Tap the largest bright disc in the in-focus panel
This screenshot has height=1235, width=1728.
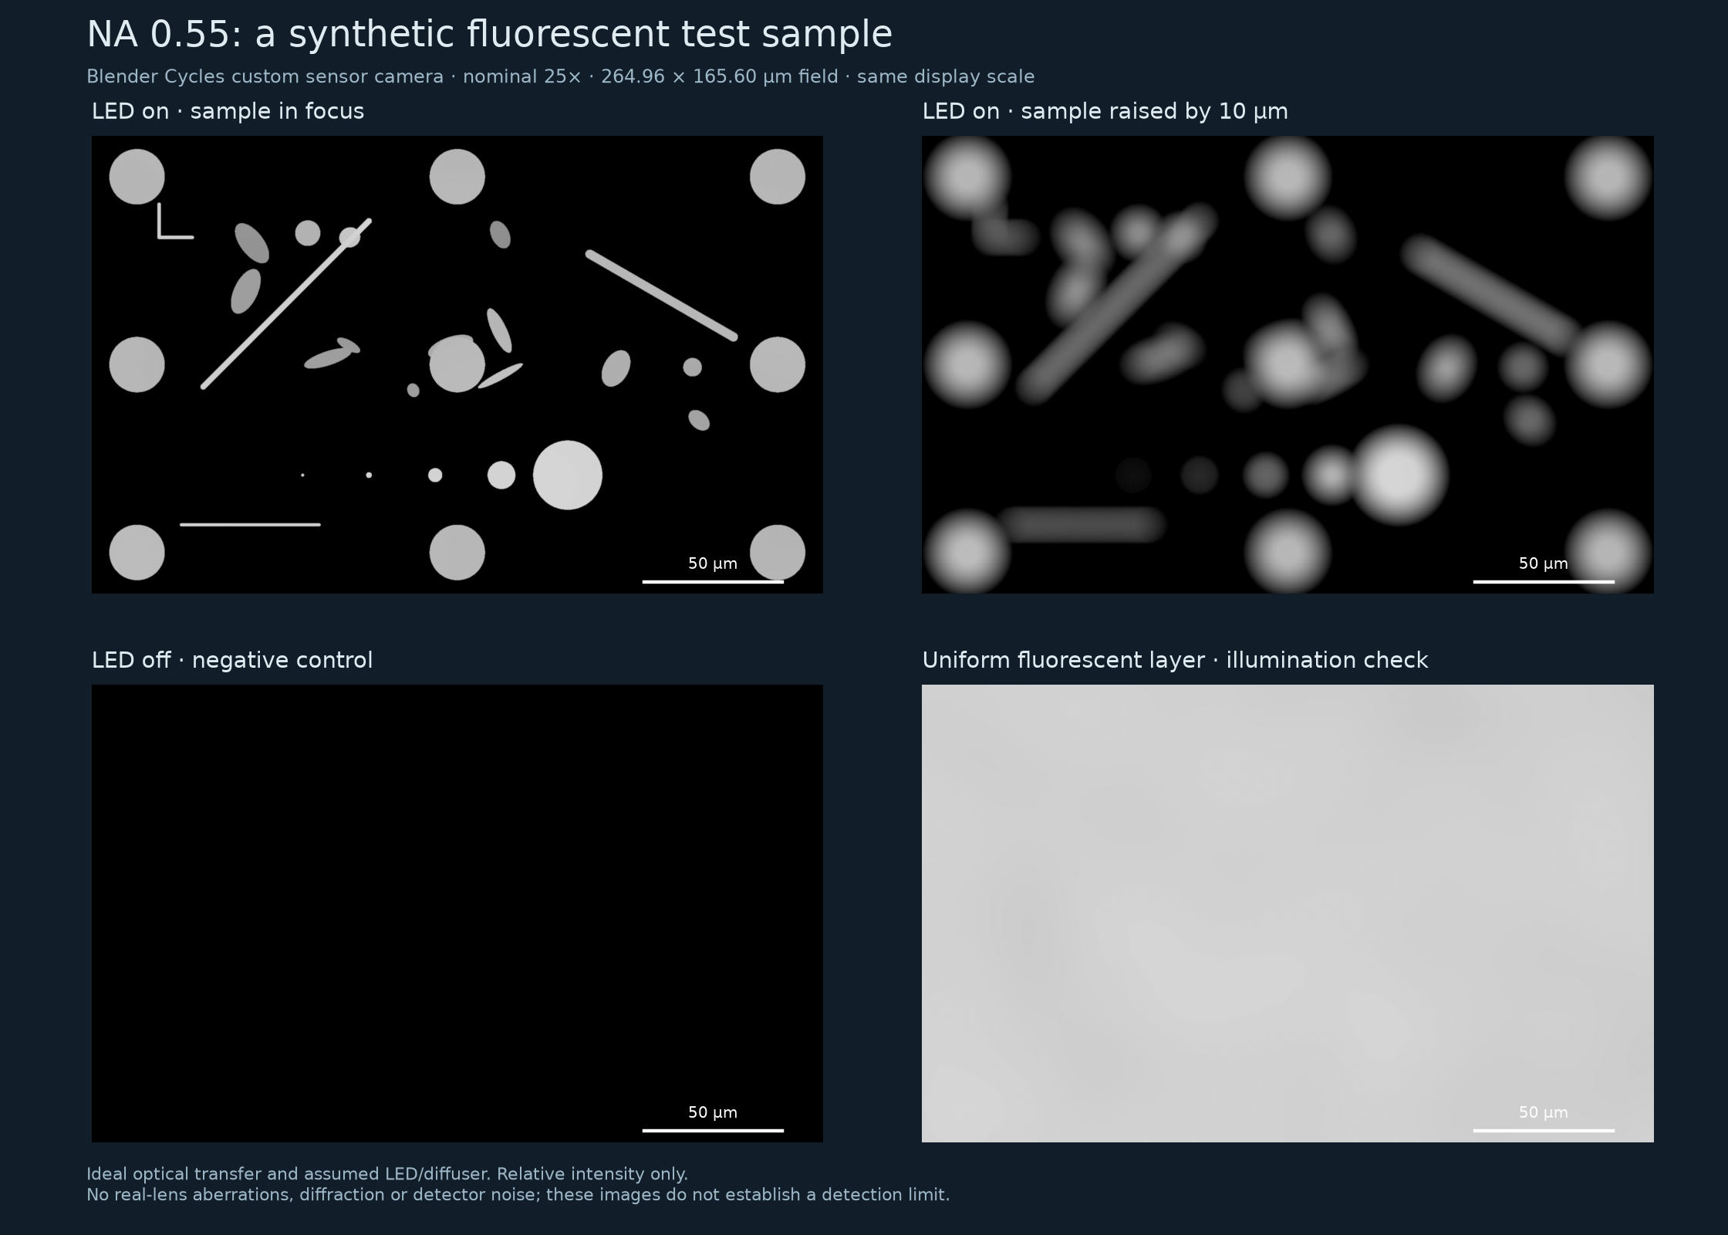point(568,475)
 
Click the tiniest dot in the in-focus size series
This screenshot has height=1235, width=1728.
point(302,475)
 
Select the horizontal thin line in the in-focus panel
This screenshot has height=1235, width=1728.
point(250,525)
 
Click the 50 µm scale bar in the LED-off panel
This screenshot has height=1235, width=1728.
point(713,1130)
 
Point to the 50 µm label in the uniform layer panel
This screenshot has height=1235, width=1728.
point(1543,1112)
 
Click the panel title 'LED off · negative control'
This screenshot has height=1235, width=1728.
point(232,660)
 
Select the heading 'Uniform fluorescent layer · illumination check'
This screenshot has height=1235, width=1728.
point(1175,660)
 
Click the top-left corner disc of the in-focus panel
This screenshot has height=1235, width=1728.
point(137,177)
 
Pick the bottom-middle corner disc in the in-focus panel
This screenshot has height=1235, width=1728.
point(457,553)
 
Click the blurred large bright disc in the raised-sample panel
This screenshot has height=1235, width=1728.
point(1398,475)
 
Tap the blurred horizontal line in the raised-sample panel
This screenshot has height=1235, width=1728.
point(1082,525)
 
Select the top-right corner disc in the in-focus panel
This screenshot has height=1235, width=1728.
point(778,177)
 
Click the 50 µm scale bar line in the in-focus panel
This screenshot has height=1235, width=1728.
point(713,581)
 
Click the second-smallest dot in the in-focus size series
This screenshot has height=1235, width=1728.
point(369,475)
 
